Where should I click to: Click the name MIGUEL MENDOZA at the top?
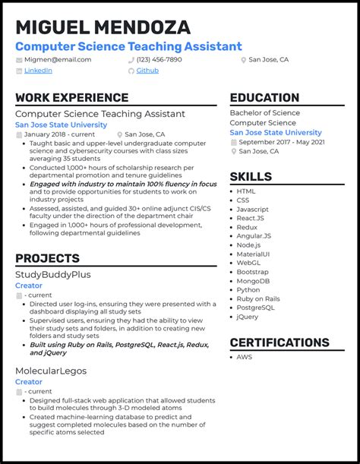(103, 28)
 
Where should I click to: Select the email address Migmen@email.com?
(58, 59)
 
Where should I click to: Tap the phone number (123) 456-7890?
(159, 59)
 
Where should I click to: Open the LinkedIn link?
(38, 71)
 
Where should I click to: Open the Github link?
(147, 71)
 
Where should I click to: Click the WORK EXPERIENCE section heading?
(71, 98)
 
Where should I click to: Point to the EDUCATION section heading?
(264, 98)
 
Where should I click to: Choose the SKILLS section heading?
(251, 177)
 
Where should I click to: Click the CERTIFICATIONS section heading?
(279, 343)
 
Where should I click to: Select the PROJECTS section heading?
(47, 259)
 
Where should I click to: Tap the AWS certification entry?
(245, 357)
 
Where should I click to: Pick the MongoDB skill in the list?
(252, 280)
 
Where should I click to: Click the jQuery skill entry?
(248, 317)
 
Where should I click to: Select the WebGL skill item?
(248, 263)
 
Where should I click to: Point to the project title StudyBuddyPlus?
(52, 274)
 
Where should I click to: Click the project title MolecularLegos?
(50, 371)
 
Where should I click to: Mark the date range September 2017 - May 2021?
(281, 142)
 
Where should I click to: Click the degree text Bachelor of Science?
(264, 113)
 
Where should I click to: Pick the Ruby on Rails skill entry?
(258, 298)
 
